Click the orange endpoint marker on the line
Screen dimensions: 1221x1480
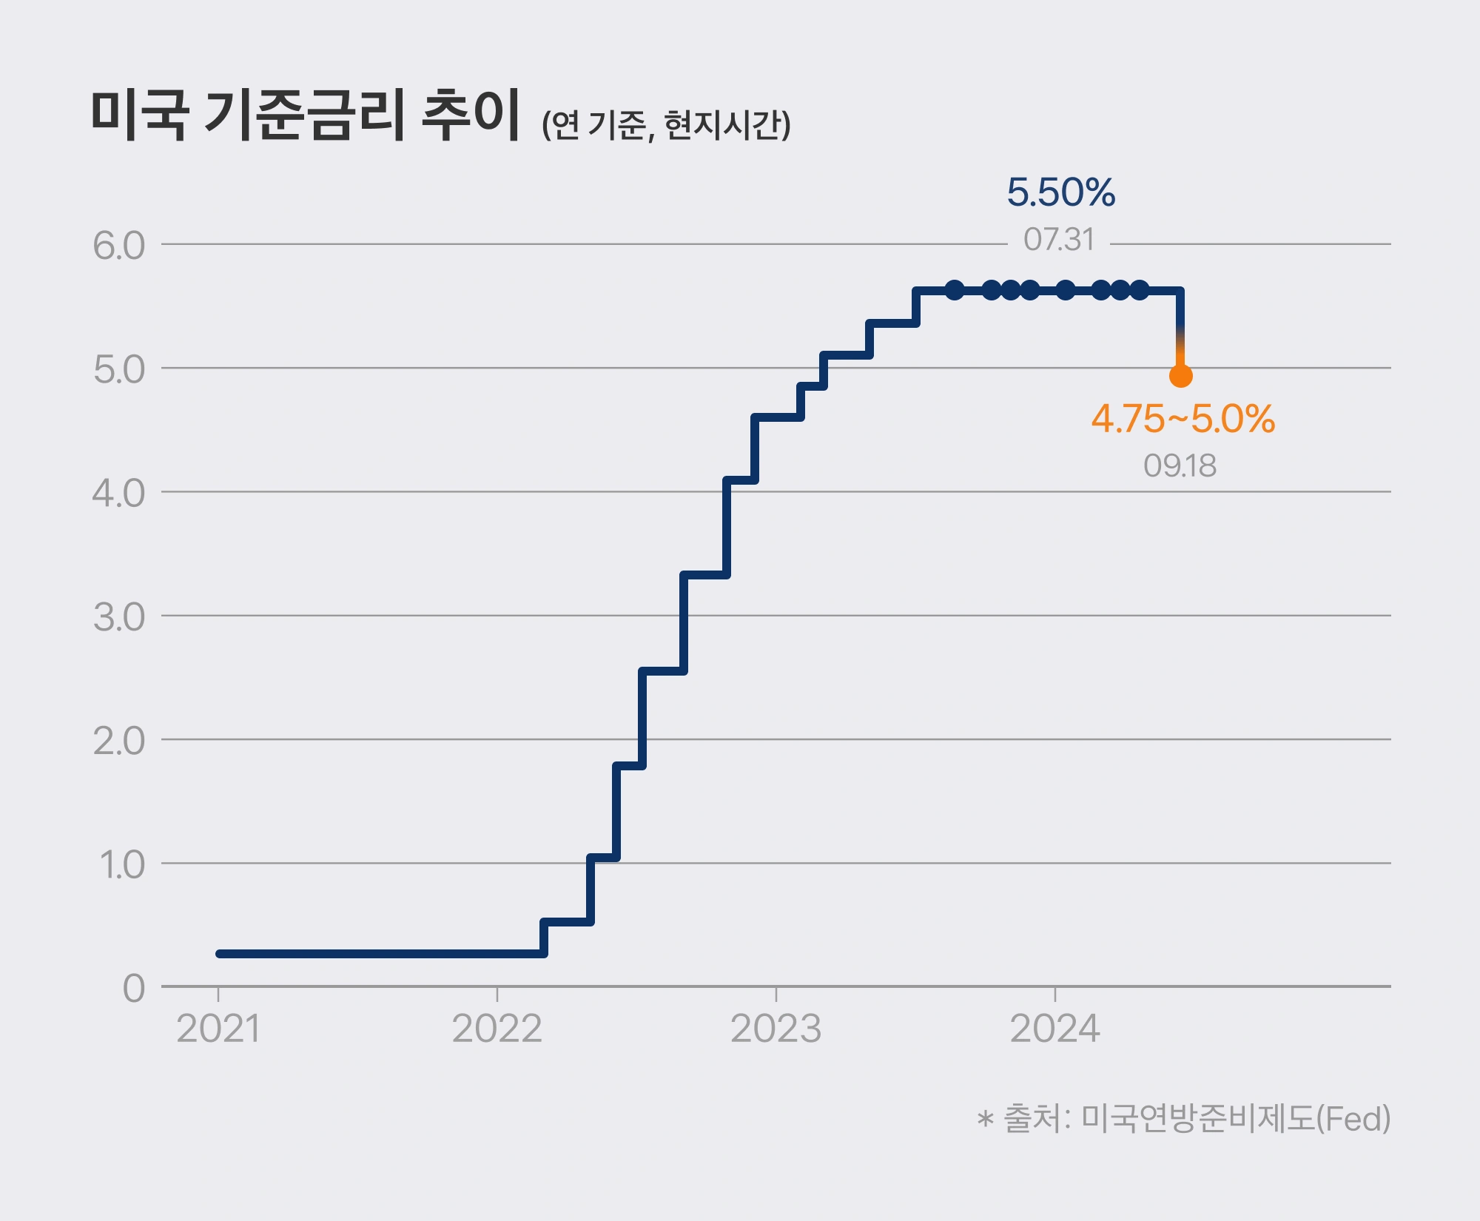(x=1180, y=376)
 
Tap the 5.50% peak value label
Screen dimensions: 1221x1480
(x=1060, y=192)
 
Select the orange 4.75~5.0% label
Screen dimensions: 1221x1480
(x=1183, y=419)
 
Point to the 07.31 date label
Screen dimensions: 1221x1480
(x=1058, y=240)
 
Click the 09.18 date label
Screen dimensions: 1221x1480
(x=1180, y=465)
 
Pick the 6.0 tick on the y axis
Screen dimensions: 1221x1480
(x=118, y=246)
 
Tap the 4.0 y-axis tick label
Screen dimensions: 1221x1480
(x=118, y=493)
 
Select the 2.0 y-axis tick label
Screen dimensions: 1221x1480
(x=118, y=741)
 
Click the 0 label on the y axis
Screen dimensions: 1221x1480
(x=134, y=988)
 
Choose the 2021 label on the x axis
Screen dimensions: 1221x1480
(x=218, y=1029)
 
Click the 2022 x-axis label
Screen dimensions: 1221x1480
(x=497, y=1029)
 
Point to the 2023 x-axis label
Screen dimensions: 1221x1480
(x=776, y=1029)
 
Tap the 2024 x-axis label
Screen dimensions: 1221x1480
(x=1054, y=1029)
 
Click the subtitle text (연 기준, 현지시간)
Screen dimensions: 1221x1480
(x=666, y=124)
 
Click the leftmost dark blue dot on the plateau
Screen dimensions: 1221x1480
(x=955, y=290)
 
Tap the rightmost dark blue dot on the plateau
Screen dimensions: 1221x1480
(x=1140, y=290)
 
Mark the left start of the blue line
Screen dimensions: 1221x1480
(x=220, y=954)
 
